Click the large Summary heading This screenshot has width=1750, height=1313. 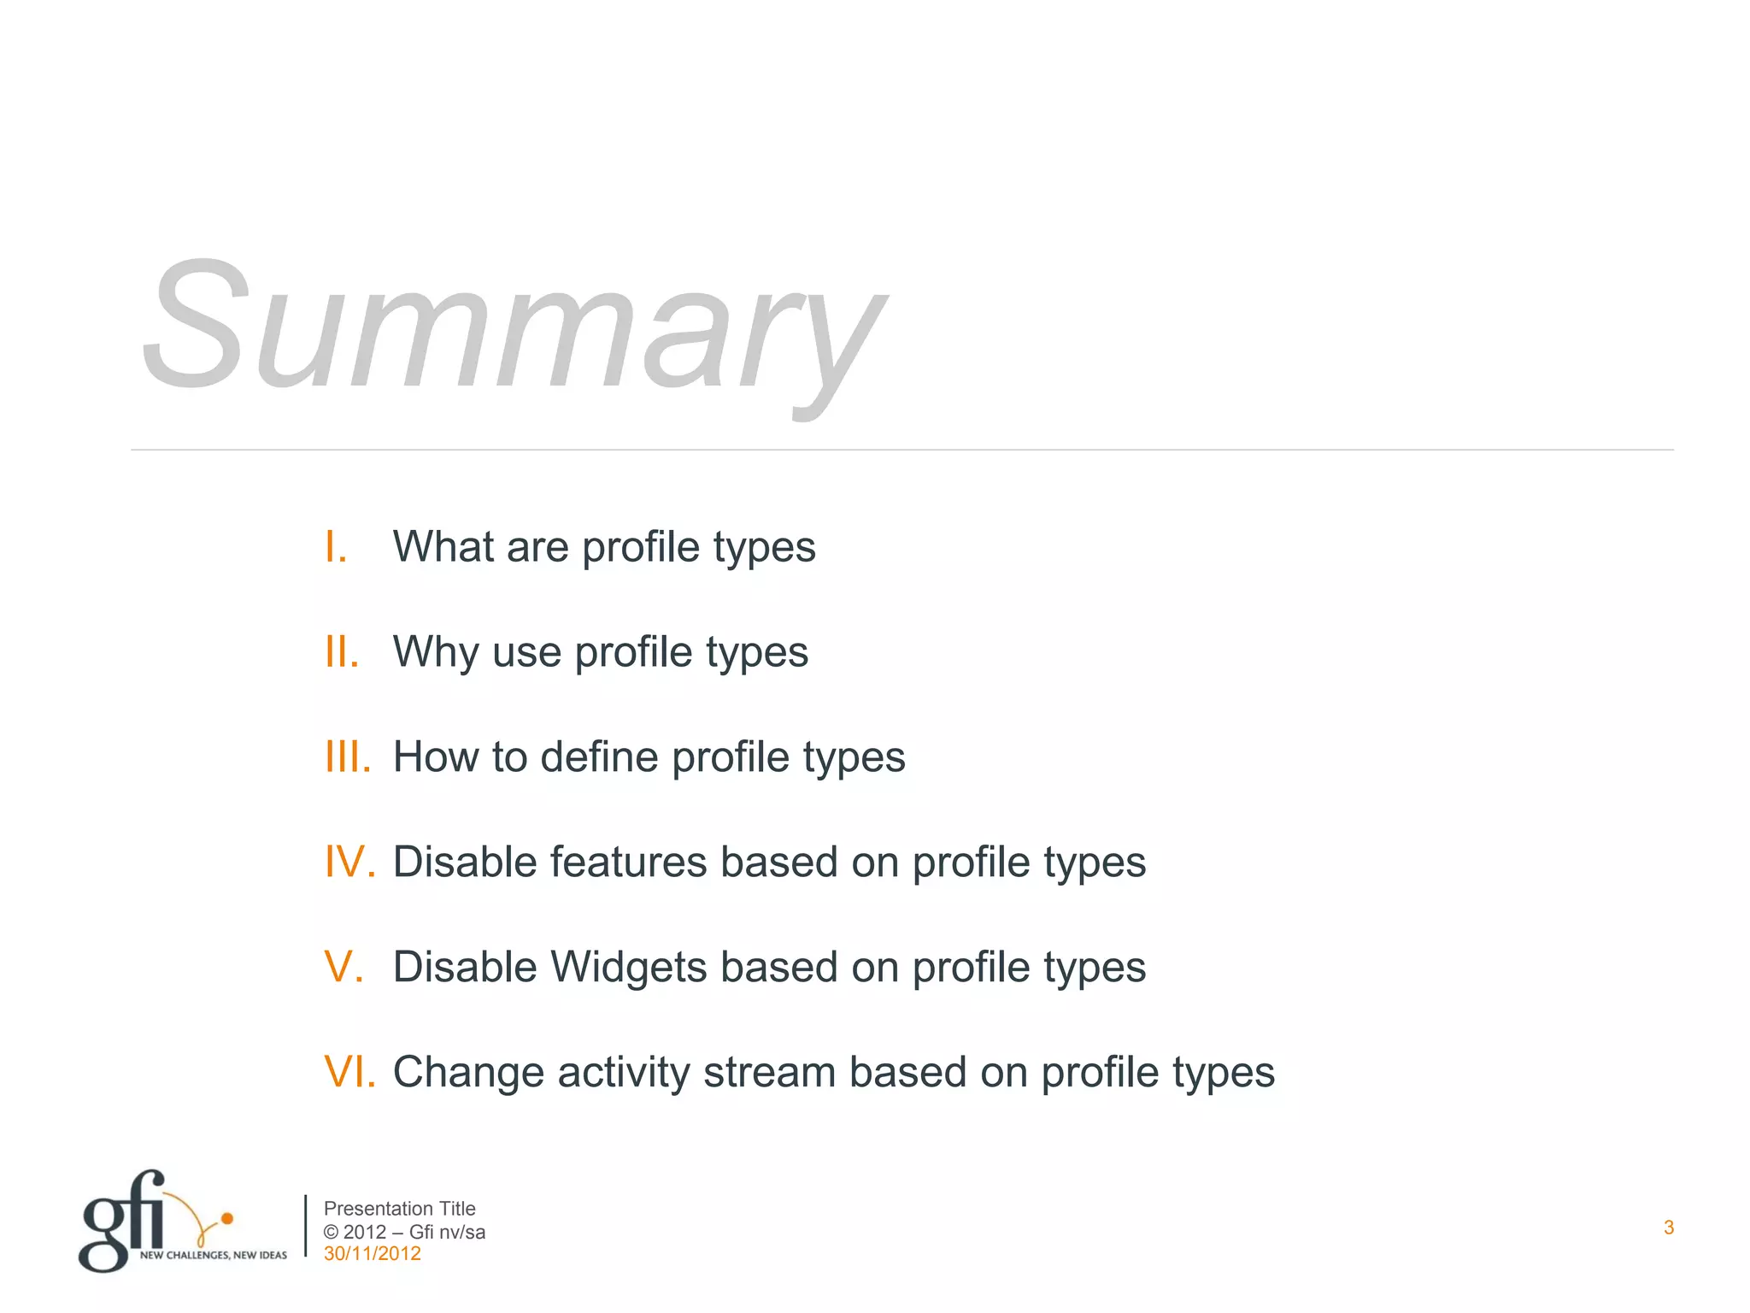coord(513,329)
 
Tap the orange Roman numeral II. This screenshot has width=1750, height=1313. coord(342,652)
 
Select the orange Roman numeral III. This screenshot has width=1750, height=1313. coord(348,757)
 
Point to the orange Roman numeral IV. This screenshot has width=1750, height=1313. coord(350,862)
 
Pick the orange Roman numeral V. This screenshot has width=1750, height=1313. coord(344,967)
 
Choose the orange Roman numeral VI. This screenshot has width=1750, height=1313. coord(350,1072)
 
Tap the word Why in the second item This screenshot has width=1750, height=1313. coord(436,652)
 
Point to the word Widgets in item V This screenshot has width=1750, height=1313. coord(628,967)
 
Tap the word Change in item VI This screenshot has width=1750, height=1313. coord(468,1072)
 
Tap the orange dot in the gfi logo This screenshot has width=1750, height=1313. coord(227,1218)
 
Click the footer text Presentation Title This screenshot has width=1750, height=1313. coord(399,1209)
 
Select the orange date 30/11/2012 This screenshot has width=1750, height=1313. coord(372,1254)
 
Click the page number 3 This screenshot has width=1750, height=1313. coord(1669,1228)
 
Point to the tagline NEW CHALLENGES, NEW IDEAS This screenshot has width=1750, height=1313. coord(214,1255)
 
